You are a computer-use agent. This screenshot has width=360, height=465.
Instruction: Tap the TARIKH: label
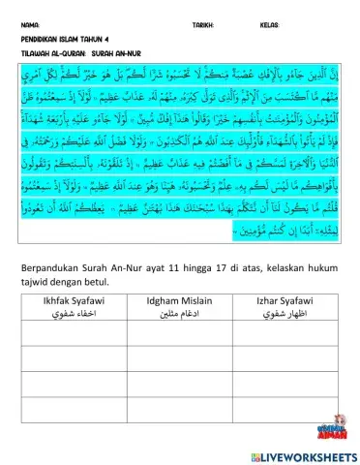203,24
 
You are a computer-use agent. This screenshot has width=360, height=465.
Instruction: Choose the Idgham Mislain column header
178,301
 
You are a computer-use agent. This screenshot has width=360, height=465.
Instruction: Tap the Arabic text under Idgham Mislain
178,312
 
